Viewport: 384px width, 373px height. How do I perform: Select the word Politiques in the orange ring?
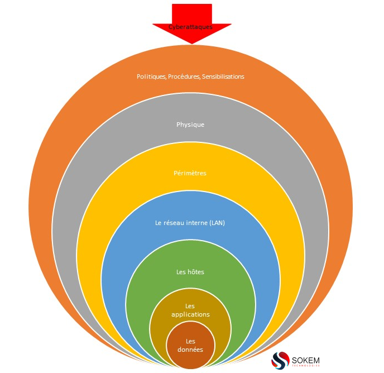[151, 76]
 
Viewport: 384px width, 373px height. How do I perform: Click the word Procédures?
[184, 76]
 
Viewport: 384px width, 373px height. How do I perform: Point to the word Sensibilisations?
[223, 76]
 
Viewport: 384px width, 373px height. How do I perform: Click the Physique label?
[190, 125]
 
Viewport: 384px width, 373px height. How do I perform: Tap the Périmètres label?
[190, 173]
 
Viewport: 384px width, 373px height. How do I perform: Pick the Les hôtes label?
[190, 272]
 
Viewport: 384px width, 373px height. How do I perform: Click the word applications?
[190, 314]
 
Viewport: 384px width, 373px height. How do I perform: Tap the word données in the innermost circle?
[190, 350]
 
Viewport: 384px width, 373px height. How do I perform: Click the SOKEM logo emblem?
[280, 360]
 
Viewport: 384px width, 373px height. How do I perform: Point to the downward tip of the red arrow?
[191, 42]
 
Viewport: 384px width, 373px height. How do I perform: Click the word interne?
[195, 223]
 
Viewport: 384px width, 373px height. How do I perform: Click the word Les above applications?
[190, 307]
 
